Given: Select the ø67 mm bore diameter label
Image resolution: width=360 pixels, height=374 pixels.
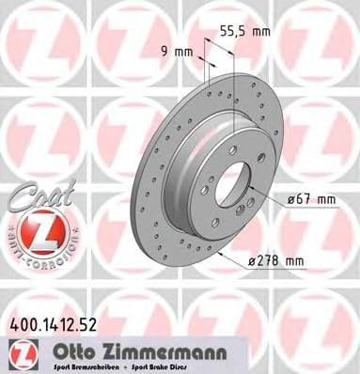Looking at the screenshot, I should (305, 200).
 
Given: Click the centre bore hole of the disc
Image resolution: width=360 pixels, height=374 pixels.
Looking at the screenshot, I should (229, 186).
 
